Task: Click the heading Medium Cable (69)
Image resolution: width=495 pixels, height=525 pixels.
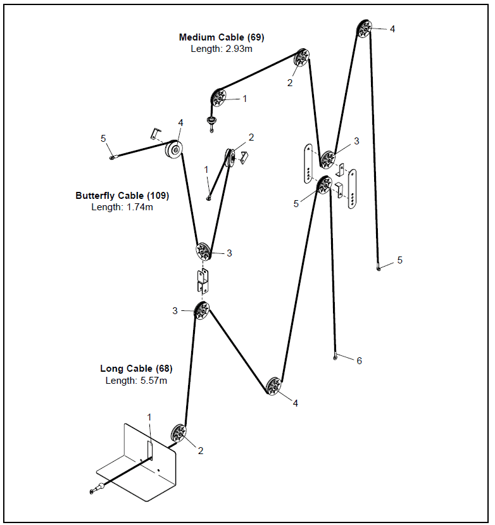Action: tap(221, 37)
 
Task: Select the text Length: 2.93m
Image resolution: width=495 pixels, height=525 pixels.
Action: tap(221, 49)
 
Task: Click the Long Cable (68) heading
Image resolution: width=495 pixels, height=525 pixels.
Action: tap(136, 369)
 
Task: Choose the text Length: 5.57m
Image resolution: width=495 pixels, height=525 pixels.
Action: tap(136, 380)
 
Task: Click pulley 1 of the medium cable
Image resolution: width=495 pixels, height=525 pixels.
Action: tap(218, 98)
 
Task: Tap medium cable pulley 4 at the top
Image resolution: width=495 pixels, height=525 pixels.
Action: tap(364, 29)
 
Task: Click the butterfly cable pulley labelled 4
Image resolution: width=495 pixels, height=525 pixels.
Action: tap(173, 150)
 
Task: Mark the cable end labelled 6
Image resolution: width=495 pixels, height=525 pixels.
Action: tap(335, 358)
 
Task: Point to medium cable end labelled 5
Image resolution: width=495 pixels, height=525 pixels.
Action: tap(378, 269)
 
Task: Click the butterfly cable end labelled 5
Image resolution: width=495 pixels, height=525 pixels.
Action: tap(112, 158)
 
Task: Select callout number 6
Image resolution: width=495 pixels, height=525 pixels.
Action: tap(359, 361)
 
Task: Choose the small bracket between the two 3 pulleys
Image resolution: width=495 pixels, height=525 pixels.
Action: tap(203, 280)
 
